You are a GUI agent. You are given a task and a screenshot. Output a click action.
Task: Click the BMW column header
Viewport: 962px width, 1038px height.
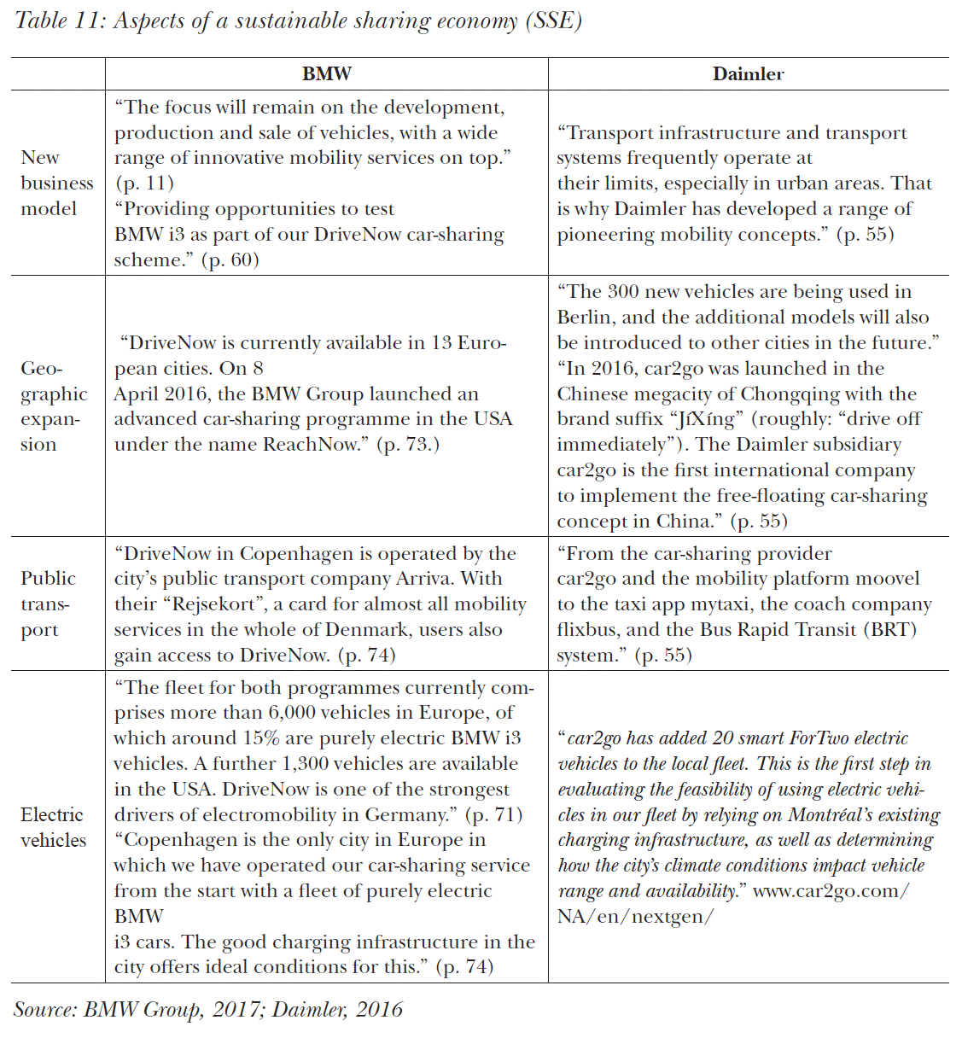pos(326,74)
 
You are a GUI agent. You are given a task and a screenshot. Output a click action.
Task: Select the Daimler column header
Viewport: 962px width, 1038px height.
pos(748,74)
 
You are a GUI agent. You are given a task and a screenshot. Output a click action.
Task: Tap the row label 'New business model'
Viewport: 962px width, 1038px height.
pos(56,183)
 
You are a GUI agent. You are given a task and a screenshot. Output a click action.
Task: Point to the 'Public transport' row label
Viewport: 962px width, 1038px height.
pos(48,604)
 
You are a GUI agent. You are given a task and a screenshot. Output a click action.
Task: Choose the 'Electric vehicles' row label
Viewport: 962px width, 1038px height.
pos(53,827)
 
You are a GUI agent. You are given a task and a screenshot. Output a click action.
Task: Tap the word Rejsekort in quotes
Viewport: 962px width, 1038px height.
pos(218,604)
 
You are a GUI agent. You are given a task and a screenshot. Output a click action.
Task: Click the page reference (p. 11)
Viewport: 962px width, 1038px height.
pos(144,184)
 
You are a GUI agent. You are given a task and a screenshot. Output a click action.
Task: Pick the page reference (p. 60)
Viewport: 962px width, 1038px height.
pos(230,260)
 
